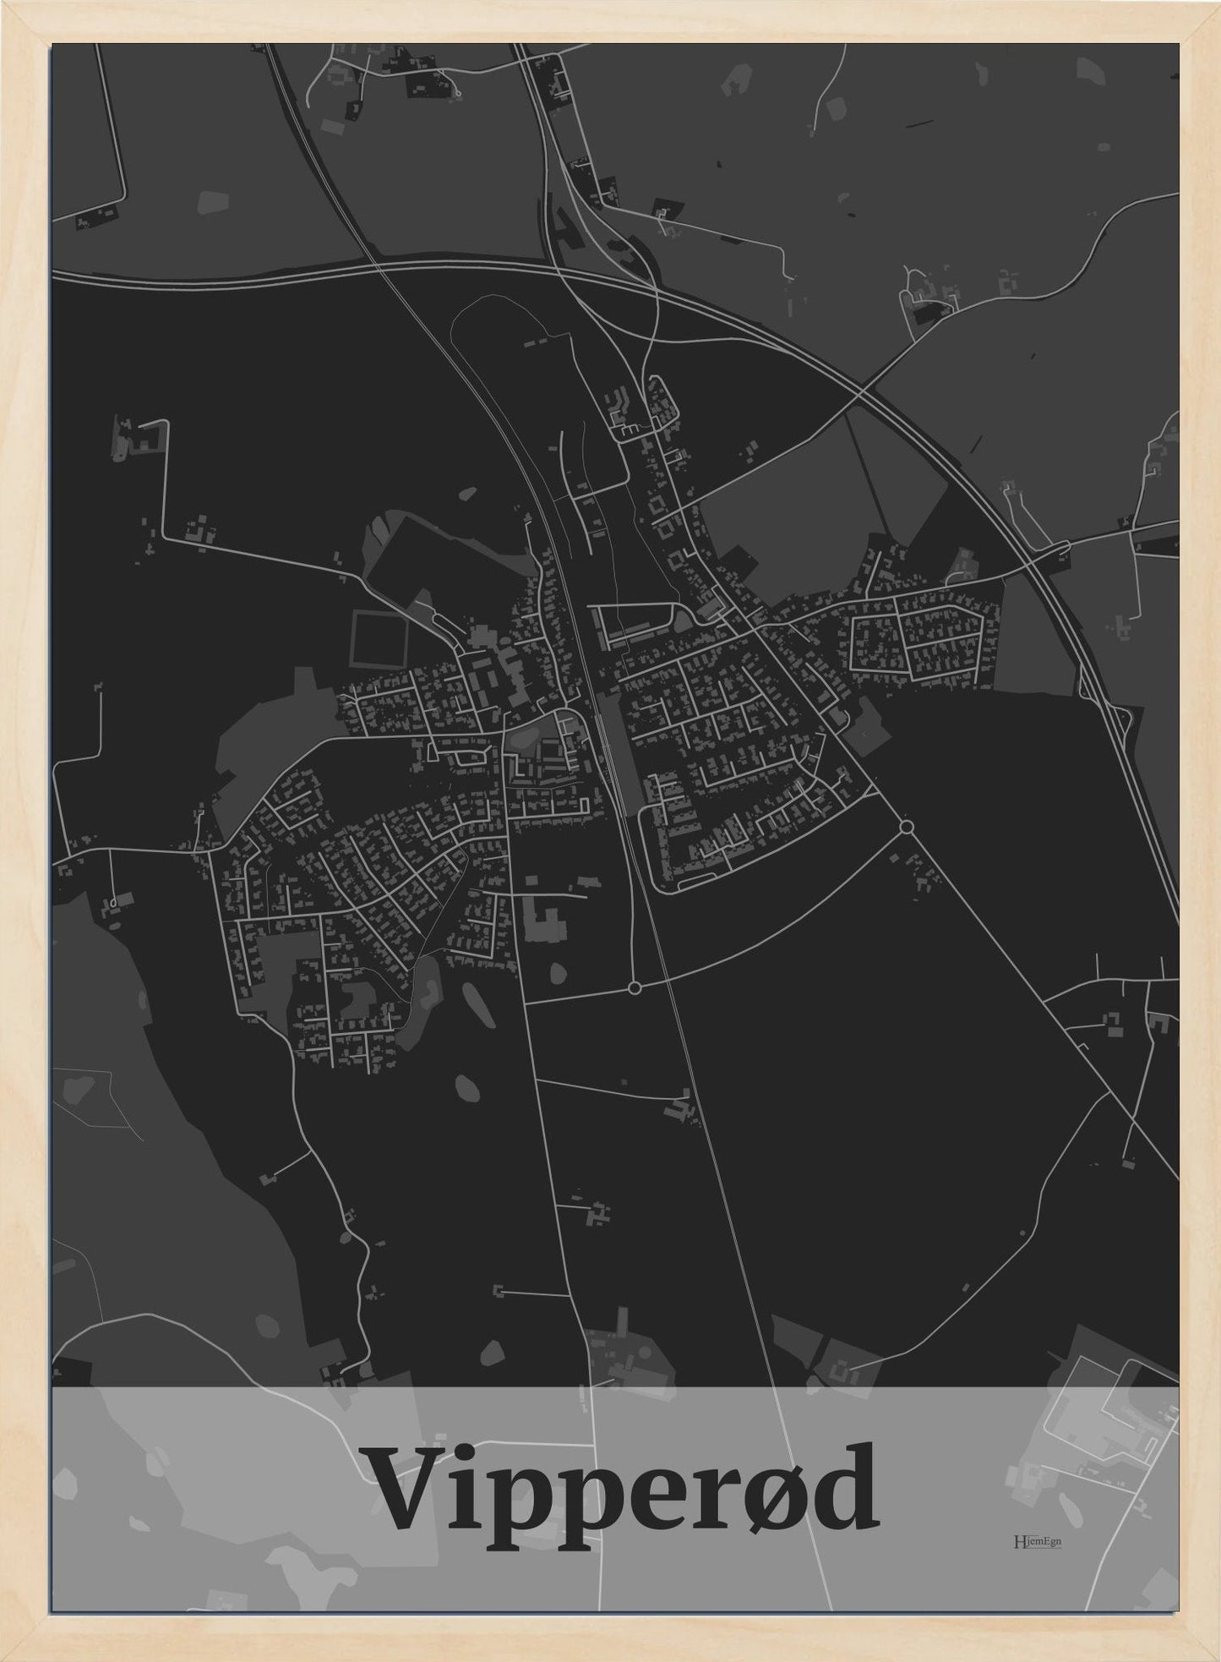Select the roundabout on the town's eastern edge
click(907, 827)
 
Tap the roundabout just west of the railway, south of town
click(635, 987)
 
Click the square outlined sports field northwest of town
click(379, 639)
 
